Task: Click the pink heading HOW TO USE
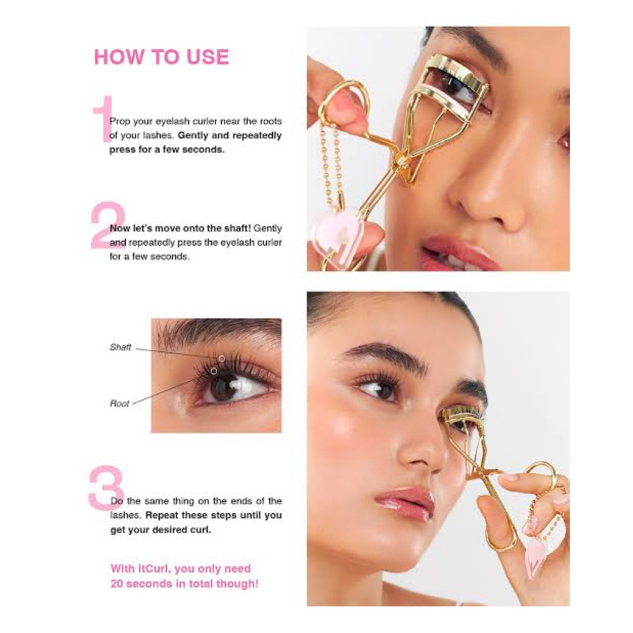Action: tap(161, 57)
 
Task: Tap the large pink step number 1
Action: tap(104, 119)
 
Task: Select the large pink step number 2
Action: tap(108, 225)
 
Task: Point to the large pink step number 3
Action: tap(106, 488)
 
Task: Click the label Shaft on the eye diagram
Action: tap(121, 347)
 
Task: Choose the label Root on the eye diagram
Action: tap(119, 403)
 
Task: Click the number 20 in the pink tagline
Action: tap(117, 584)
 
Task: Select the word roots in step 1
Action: tap(271, 121)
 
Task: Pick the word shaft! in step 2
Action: tap(238, 228)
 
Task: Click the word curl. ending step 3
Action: tap(200, 530)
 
